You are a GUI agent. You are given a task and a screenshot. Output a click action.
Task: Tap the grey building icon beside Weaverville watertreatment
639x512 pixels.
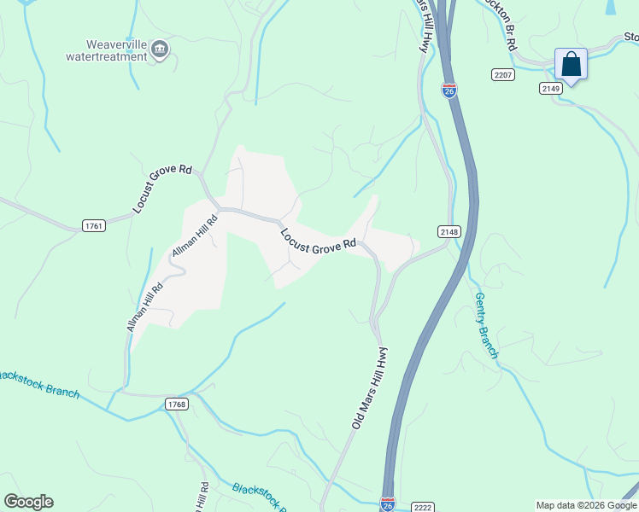click(x=160, y=51)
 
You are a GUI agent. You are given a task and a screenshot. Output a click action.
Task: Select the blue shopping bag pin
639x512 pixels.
click(x=571, y=65)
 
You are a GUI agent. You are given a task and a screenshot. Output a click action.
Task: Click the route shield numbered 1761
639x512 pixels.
click(x=94, y=225)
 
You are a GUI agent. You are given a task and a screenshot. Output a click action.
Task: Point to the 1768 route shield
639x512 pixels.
click(x=176, y=404)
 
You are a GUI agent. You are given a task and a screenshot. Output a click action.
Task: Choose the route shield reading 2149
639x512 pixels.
click(x=550, y=88)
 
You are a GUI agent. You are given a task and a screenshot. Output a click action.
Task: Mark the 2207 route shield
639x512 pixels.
click(x=503, y=75)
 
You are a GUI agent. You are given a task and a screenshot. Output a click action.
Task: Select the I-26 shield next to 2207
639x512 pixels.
click(x=449, y=89)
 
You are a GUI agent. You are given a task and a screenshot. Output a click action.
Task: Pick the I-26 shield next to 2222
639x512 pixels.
click(x=387, y=503)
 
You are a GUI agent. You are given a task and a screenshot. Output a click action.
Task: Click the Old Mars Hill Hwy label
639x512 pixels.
click(x=370, y=387)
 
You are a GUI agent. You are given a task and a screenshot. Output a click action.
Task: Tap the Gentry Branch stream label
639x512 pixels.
click(x=487, y=324)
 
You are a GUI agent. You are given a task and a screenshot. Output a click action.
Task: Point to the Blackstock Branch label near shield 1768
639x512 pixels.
click(x=38, y=382)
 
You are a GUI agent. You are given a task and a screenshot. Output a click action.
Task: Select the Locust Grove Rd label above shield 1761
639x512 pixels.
click(x=162, y=188)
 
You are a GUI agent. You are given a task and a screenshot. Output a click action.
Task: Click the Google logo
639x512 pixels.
click(x=28, y=502)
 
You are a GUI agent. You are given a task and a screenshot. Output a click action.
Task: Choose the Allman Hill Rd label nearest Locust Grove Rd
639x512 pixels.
click(x=195, y=236)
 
